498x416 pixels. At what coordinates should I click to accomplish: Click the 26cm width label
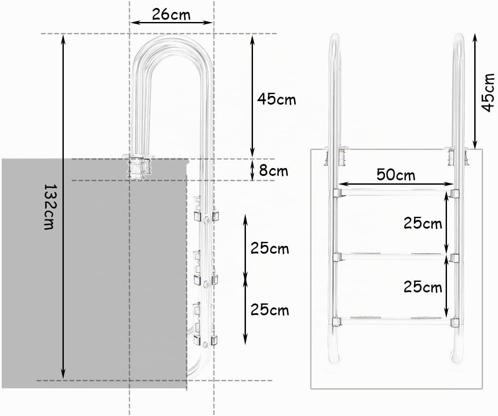click(171, 15)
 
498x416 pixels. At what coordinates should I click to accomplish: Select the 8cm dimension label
click(274, 171)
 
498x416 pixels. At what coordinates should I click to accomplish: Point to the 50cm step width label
click(396, 175)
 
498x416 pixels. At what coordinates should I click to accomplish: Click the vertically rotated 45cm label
click(488, 92)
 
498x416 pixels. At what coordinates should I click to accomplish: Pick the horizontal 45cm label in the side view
click(276, 99)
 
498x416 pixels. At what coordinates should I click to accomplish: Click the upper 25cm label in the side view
click(270, 248)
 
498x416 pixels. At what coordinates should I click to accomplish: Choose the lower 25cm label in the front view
click(423, 287)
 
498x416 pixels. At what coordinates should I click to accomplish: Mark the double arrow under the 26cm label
click(172, 22)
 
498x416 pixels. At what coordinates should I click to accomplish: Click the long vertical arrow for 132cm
click(63, 207)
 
